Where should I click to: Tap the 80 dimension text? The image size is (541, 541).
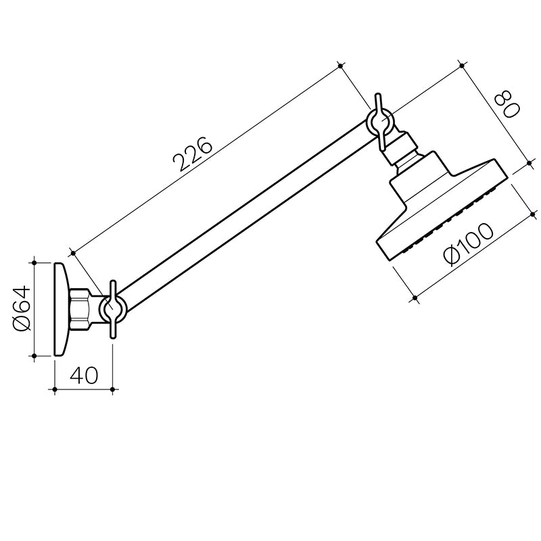(x=505, y=106)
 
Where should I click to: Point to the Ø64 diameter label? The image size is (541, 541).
(x=22, y=308)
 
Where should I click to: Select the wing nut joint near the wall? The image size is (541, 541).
(x=113, y=308)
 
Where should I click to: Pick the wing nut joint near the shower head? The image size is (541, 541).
(x=381, y=122)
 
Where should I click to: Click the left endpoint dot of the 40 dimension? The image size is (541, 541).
(x=53, y=390)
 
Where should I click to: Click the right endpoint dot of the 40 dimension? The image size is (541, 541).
(x=114, y=390)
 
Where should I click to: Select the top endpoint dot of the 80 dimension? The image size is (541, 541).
(x=461, y=66)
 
